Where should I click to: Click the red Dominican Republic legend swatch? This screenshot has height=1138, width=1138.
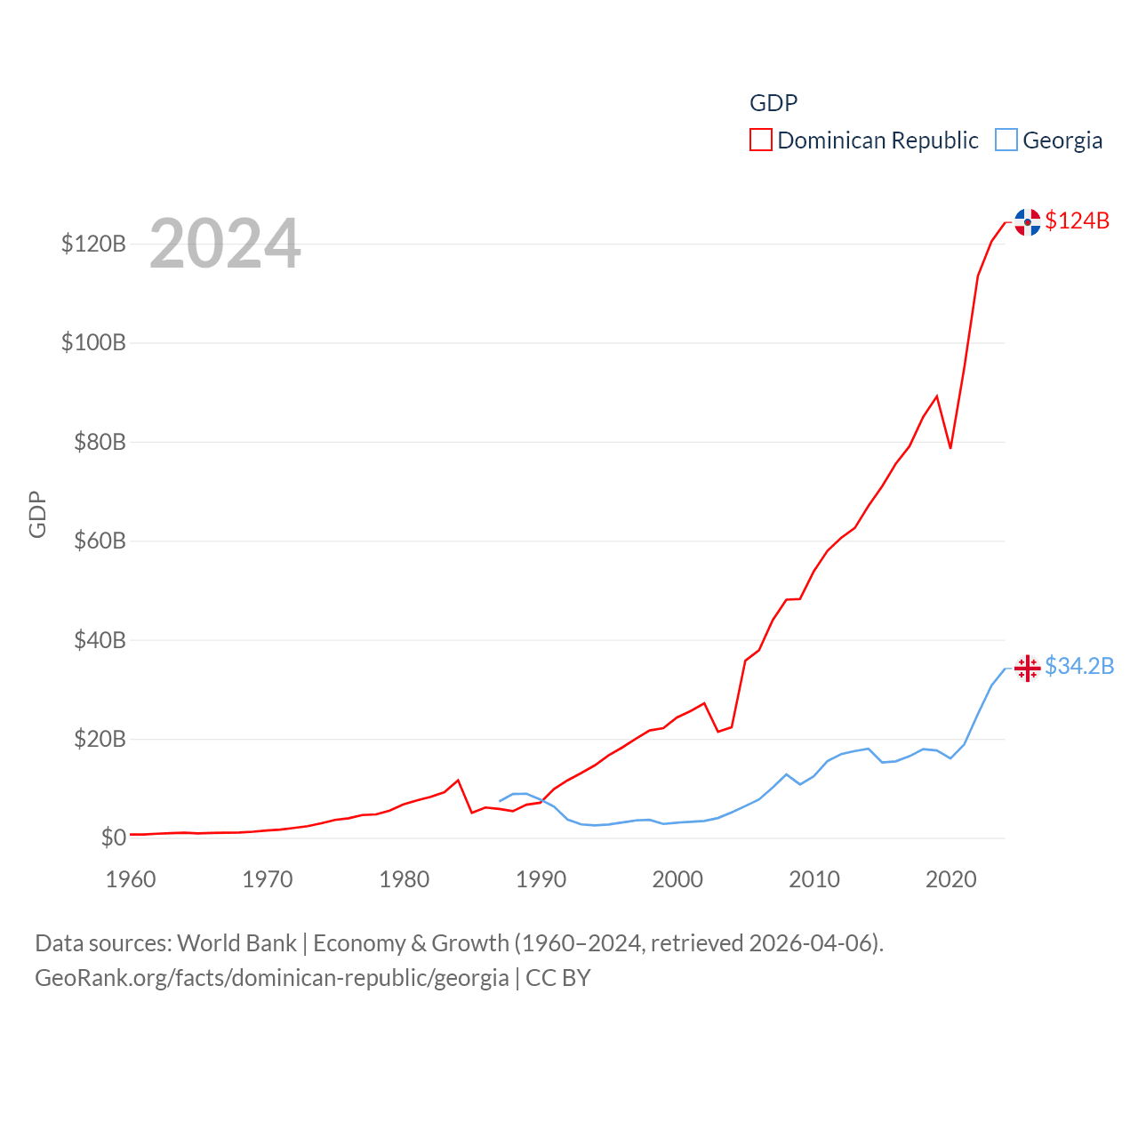click(x=761, y=140)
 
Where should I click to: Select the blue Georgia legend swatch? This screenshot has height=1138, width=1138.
click(x=1006, y=140)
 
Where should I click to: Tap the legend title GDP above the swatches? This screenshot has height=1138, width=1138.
click(x=773, y=103)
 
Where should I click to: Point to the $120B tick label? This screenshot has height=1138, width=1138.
click(x=93, y=244)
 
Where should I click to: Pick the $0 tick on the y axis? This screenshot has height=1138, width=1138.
click(x=113, y=837)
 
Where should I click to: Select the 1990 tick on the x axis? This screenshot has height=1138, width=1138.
click(x=541, y=879)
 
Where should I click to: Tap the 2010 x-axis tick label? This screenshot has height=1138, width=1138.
click(x=814, y=879)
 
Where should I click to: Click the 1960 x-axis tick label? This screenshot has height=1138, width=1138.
click(x=131, y=879)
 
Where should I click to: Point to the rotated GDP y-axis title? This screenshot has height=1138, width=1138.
click(x=37, y=514)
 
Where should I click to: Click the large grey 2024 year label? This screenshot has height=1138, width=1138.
click(x=225, y=244)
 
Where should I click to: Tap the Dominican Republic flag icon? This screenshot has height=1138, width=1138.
click(x=1027, y=222)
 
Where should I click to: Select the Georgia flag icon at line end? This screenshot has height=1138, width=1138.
click(x=1027, y=668)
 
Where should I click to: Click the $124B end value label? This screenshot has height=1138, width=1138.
click(x=1077, y=220)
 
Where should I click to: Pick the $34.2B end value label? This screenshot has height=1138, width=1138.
click(x=1079, y=666)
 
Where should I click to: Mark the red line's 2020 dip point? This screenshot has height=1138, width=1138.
click(x=950, y=447)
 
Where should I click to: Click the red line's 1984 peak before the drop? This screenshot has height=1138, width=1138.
click(x=458, y=781)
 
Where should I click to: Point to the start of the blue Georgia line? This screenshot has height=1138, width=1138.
click(x=500, y=801)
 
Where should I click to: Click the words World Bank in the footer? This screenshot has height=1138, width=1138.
click(x=236, y=942)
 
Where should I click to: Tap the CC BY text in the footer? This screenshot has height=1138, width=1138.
click(x=558, y=978)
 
